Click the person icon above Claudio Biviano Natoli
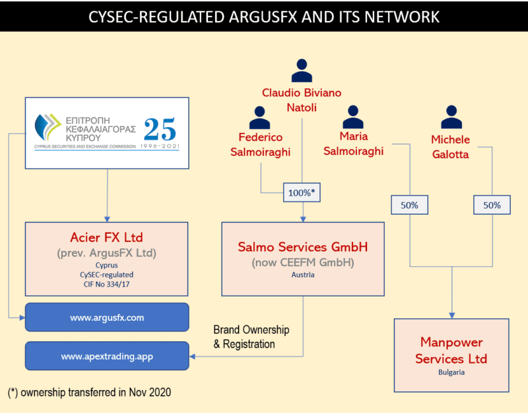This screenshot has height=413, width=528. pyautogui.click(x=302, y=70)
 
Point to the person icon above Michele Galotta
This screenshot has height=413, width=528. pyautogui.click(x=450, y=117)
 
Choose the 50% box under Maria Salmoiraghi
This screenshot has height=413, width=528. pyautogui.click(x=410, y=205)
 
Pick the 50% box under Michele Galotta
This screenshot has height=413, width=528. pyautogui.click(x=492, y=205)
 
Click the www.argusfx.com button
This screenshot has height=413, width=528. pyautogui.click(x=107, y=317)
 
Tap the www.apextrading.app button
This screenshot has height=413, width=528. pyautogui.click(x=107, y=356)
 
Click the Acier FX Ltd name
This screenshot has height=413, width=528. pyautogui.click(x=107, y=238)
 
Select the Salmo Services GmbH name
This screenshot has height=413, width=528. pyautogui.click(x=303, y=247)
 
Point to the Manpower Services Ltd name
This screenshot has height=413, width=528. pyautogui.click(x=452, y=350)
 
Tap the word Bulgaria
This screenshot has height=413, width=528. pyautogui.click(x=452, y=372)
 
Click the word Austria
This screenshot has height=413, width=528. pyautogui.click(x=303, y=275)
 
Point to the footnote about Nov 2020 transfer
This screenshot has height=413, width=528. pyautogui.click(x=90, y=393)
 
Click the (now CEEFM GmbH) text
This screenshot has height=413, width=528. pyautogui.click(x=303, y=263)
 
